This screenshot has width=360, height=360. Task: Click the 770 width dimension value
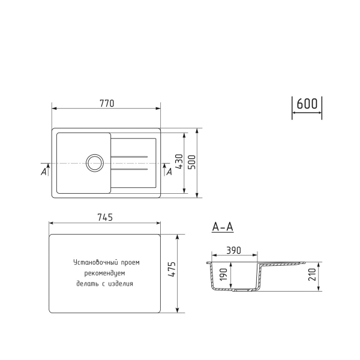(106, 103)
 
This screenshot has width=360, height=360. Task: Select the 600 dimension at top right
(307, 103)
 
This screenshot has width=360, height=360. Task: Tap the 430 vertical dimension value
(178, 163)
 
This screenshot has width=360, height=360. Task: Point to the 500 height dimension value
(191, 163)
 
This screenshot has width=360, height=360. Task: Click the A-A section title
(223, 227)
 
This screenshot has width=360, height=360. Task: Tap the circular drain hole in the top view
(94, 163)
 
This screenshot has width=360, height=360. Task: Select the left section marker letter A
(44, 172)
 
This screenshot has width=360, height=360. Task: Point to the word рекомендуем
(104, 273)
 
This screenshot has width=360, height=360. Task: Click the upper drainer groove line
(129, 157)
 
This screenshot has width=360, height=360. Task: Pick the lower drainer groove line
(129, 169)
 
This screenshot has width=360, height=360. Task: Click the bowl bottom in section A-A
(235, 290)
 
